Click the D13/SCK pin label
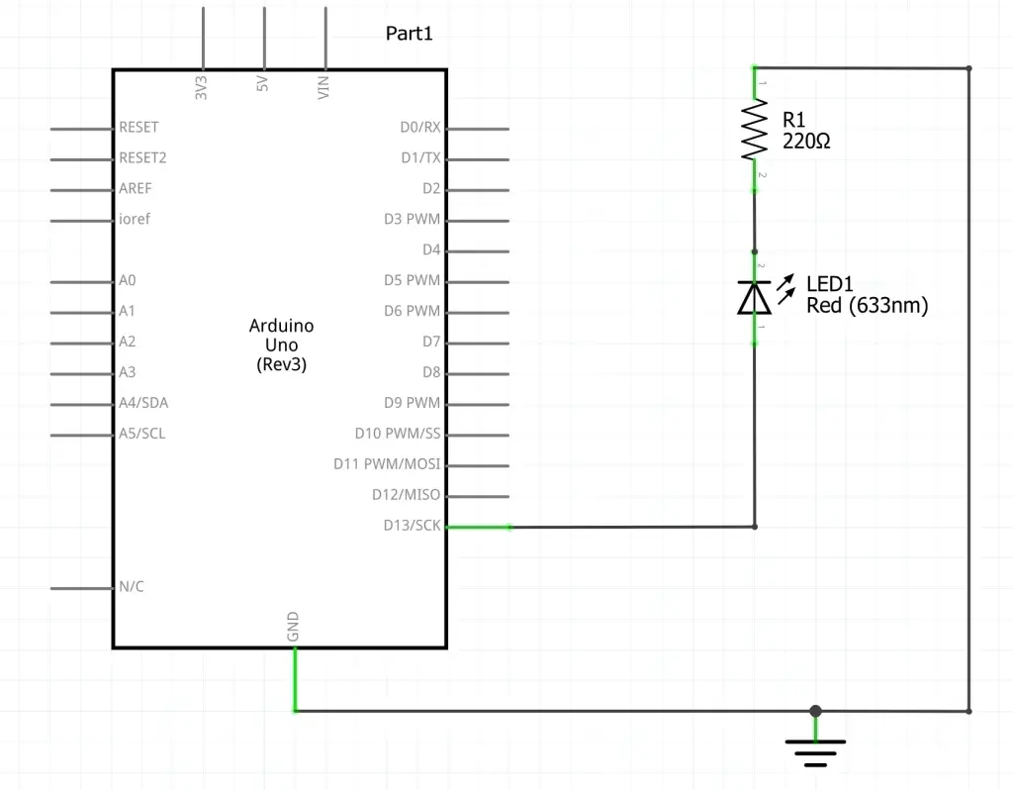(x=412, y=526)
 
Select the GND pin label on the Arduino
(x=294, y=627)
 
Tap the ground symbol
(x=815, y=753)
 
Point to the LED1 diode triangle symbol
(x=755, y=297)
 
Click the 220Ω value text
(x=806, y=142)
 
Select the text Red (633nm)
(x=867, y=306)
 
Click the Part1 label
(x=409, y=34)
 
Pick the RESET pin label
(x=138, y=128)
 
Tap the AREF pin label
(x=136, y=189)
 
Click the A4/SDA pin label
(x=143, y=403)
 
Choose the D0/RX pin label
(x=419, y=128)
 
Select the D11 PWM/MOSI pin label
(x=387, y=464)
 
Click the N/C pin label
(x=132, y=587)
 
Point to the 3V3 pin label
(x=202, y=87)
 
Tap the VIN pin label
(x=323, y=87)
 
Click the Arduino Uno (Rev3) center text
(x=282, y=345)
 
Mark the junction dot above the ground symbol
(x=815, y=711)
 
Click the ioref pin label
(x=135, y=219)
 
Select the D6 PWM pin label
(x=412, y=311)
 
